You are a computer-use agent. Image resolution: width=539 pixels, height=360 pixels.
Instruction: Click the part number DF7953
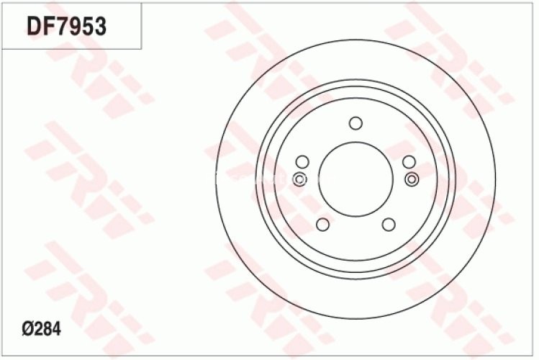(66, 27)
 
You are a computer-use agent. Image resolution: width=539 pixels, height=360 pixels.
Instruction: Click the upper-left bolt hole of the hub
(302, 161)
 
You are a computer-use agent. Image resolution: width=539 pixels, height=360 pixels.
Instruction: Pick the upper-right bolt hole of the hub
(408, 161)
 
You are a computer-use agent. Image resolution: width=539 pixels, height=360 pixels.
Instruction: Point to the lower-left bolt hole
(322, 224)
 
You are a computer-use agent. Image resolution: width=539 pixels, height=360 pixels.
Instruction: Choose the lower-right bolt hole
(388, 224)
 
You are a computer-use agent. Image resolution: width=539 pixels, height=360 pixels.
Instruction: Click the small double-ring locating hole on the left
(300, 179)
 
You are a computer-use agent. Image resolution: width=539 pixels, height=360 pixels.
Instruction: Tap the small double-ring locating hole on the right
(411, 179)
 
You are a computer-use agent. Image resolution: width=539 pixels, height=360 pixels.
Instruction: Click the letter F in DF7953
(47, 27)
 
